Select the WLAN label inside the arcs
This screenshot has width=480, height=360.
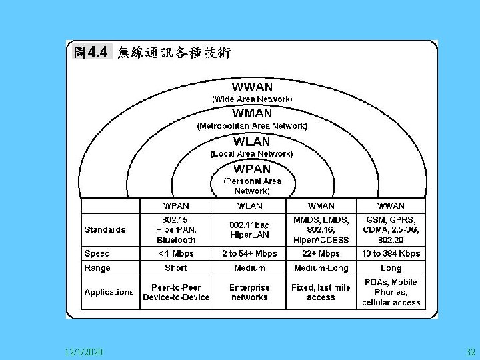[x=252, y=141]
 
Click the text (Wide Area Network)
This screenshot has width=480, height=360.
[x=252, y=99]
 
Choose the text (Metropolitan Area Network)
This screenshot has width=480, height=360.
[x=252, y=125]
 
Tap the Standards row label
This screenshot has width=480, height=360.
[x=105, y=229]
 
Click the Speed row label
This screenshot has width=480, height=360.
[x=97, y=253]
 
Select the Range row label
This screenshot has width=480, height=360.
[x=98, y=267]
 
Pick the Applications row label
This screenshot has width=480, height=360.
[x=109, y=292]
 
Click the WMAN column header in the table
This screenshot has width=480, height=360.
[x=321, y=205]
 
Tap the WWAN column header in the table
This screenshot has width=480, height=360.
[x=391, y=205]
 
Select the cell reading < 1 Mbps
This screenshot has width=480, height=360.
[x=176, y=253]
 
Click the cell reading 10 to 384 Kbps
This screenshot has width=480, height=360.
[x=391, y=253]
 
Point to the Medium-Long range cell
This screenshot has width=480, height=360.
[x=321, y=268]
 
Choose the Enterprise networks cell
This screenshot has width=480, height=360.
[x=249, y=292]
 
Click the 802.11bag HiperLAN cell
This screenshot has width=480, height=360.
[x=249, y=230]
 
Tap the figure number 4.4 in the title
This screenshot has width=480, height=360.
[x=97, y=52]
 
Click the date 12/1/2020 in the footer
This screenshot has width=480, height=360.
[x=84, y=351]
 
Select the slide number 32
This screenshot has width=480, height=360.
[x=471, y=351]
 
